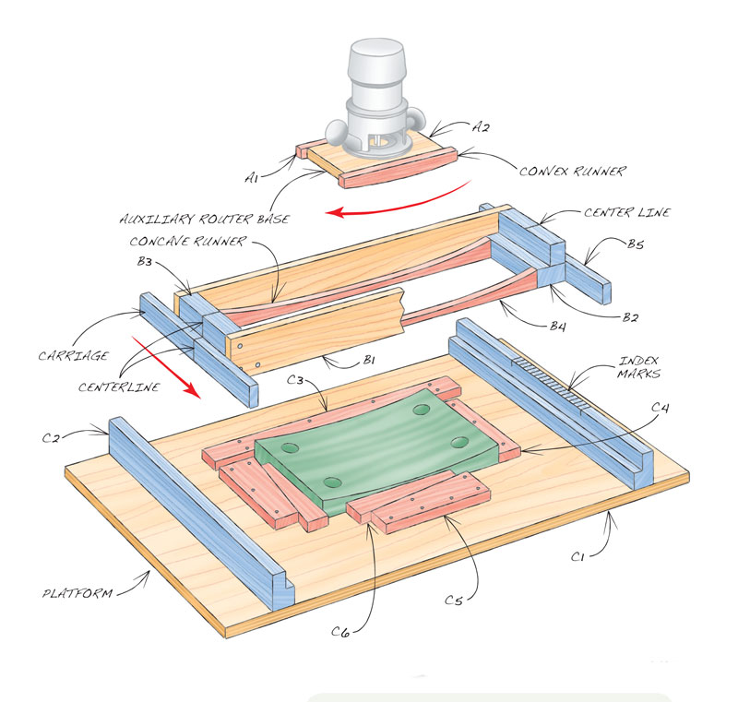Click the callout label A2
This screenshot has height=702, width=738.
point(481,126)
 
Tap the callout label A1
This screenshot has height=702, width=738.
point(252,177)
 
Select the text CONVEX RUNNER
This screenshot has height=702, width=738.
point(573,171)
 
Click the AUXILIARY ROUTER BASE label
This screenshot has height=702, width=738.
point(205,219)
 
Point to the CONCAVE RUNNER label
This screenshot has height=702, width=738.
point(188,242)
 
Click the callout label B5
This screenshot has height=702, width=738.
point(636,244)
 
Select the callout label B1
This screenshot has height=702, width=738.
point(369,361)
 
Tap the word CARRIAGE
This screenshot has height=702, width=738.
point(74,356)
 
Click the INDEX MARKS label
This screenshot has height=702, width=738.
point(639,367)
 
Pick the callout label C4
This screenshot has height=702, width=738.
point(660,408)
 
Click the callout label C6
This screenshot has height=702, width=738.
point(340,631)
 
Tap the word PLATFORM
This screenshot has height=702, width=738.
point(77,593)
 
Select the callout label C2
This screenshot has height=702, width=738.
point(51,438)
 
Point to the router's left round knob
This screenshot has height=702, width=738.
point(337,132)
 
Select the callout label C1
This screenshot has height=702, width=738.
point(578,556)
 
